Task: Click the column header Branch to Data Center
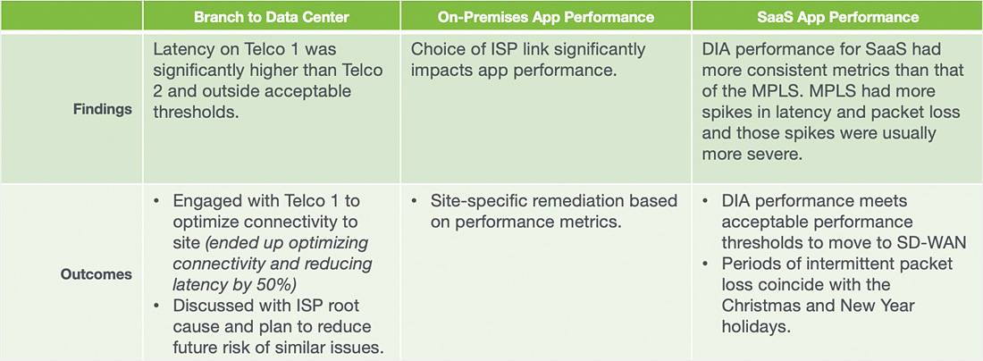pos(272,18)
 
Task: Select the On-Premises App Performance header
pos(546,18)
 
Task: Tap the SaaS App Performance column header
pos(837,18)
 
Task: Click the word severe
pos(779,155)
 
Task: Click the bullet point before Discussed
pos(157,306)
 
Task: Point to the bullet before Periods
pos(707,264)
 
